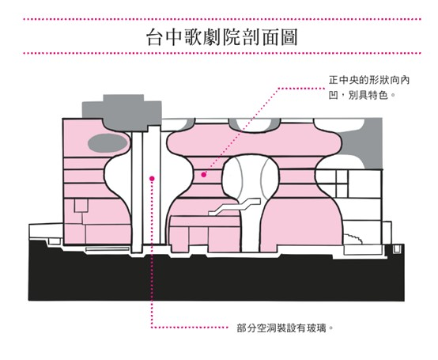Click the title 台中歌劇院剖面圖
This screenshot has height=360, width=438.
222,36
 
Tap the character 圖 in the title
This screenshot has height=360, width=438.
289,36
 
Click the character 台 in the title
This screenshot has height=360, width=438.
155,36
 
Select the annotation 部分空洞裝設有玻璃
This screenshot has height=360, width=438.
285,328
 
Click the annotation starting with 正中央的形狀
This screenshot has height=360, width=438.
369,88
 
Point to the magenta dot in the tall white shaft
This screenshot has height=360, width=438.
152,178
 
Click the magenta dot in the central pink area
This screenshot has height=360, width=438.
204,175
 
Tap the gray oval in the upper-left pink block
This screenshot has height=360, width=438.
108,143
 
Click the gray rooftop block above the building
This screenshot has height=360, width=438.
122,112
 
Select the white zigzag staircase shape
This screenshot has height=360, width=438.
234,207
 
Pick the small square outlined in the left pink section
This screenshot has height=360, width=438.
81,206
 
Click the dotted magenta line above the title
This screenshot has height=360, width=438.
222,19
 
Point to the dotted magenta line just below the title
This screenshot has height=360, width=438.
222,53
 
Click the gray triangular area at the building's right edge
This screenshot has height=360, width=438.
363,144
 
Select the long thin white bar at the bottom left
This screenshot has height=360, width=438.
108,248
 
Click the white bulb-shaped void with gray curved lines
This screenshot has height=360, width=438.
251,179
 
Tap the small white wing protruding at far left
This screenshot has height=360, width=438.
46,231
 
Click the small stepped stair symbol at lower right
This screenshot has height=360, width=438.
353,239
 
